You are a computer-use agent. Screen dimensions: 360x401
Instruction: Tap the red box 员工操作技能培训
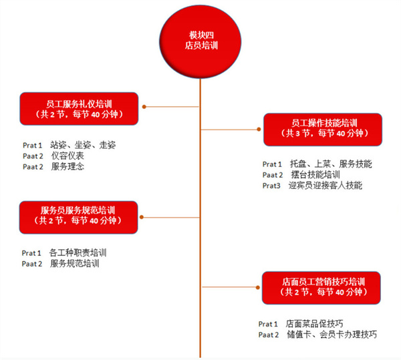tap(323, 129)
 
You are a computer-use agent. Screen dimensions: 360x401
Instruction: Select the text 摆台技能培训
tap(315, 175)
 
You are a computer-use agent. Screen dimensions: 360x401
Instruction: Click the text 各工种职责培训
tap(78, 253)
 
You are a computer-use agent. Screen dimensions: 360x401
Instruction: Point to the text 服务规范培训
tap(74, 264)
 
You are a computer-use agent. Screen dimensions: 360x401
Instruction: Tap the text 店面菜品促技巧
tap(314, 323)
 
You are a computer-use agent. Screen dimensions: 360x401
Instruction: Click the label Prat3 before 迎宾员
tap(271, 185)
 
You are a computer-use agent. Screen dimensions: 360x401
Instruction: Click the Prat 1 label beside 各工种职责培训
tap(31, 253)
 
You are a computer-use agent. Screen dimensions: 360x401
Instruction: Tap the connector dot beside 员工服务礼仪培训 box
tap(143, 106)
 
